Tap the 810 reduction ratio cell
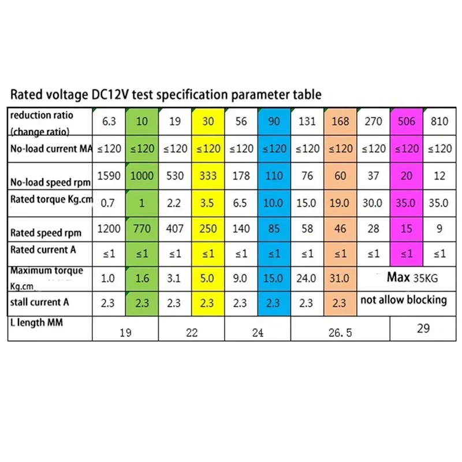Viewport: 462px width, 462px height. coord(439,122)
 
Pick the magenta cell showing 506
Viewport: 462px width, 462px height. coord(407,122)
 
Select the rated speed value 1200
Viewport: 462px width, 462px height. coord(109,229)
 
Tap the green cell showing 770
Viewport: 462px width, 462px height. coord(141,229)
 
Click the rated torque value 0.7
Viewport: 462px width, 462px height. coord(108,203)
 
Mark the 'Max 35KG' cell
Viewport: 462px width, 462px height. coord(412,278)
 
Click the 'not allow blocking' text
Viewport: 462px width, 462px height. coord(404,300)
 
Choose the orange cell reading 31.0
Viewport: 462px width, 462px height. coord(340,278)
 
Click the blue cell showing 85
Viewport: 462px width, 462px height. coord(274,229)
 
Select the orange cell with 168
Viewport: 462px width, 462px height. coord(340,122)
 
